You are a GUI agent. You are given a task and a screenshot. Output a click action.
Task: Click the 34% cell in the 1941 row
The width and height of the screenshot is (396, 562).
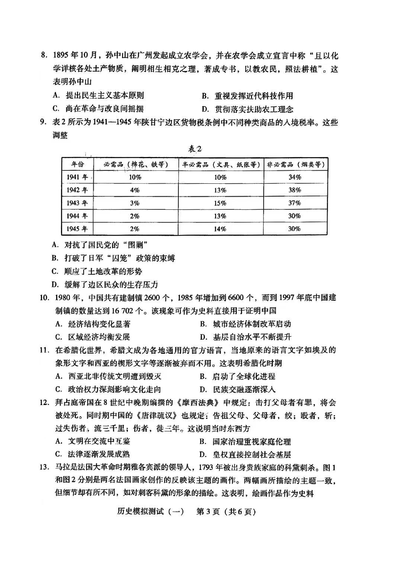294,177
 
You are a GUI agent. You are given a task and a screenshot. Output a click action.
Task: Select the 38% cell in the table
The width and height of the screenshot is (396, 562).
294,190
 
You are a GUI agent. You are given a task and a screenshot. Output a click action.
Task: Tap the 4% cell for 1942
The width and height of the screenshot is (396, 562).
135,190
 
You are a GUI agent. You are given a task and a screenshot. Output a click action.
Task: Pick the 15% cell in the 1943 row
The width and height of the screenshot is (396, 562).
220,203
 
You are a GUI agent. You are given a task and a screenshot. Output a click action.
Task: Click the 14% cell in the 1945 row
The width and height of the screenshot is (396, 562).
220,229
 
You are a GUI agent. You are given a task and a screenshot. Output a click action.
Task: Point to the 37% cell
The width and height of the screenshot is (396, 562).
294,203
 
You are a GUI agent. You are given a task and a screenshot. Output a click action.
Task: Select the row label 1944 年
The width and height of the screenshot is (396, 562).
77,216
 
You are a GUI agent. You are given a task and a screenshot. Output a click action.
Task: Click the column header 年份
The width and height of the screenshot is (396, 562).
77,164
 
